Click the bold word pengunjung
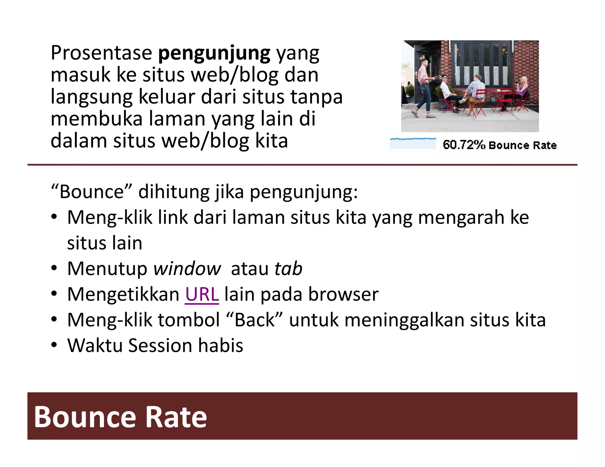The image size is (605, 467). point(214,53)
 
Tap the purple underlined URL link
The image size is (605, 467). point(202,294)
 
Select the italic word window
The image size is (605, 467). point(187,269)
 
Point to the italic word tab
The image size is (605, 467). point(288,269)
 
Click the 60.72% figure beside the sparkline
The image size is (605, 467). point(464,145)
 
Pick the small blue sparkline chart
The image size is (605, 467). point(413,143)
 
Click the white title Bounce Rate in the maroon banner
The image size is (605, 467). point(120,417)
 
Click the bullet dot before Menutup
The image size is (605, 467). point(54,269)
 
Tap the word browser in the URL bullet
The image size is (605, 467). point(343,294)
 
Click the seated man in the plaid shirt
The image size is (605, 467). point(476,92)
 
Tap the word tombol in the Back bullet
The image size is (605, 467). point(189,320)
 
